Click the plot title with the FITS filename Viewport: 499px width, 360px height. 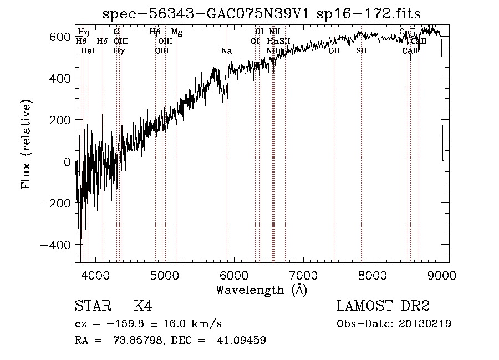[x=262, y=14]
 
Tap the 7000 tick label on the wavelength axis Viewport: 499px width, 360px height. [x=304, y=276]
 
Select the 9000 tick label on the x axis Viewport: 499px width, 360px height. [x=442, y=276]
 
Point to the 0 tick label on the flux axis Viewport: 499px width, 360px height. [x=67, y=161]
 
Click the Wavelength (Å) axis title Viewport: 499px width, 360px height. [x=261, y=290]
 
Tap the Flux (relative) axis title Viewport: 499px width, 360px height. [x=26, y=144]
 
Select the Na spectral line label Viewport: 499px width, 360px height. [x=226, y=51]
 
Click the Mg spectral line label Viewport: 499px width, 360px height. [x=176, y=32]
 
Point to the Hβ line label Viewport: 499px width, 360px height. [x=155, y=32]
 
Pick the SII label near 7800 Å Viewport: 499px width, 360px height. [x=361, y=51]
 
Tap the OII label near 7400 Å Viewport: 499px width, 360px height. [x=334, y=51]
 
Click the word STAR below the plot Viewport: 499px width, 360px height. [x=92, y=307]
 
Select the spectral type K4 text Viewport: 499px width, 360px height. [x=143, y=307]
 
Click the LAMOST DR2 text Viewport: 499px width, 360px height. [x=383, y=307]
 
